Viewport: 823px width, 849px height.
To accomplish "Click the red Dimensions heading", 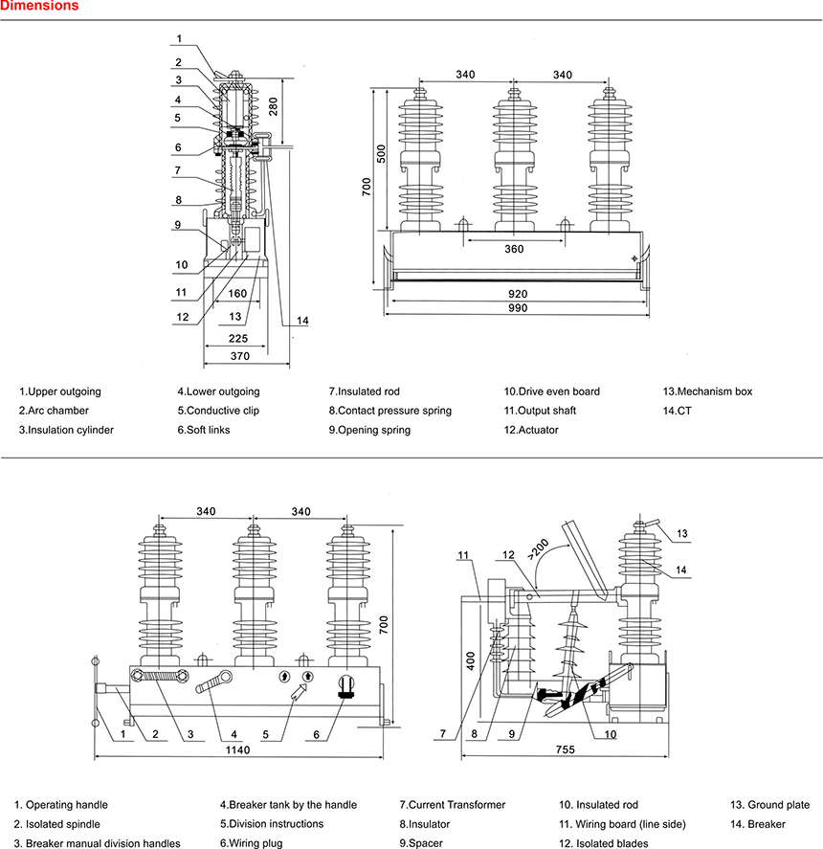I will click(39, 7).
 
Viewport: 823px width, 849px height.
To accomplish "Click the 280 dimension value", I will click(274, 106).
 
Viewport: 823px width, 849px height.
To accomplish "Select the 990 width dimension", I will click(518, 308).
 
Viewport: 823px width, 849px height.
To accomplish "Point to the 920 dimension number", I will click(518, 293).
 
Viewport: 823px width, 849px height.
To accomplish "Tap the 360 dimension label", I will click(515, 249).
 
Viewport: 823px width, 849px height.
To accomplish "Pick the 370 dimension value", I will click(239, 356).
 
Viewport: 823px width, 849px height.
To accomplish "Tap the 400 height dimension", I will click(470, 661).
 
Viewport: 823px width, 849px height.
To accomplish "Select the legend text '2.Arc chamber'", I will click(54, 411).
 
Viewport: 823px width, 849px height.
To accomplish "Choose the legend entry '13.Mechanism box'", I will click(707, 391).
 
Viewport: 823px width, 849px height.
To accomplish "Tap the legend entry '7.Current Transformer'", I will click(452, 805).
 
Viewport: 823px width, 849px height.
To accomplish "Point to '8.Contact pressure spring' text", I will click(389, 411).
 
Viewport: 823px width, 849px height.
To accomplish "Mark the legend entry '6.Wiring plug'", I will click(251, 843).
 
